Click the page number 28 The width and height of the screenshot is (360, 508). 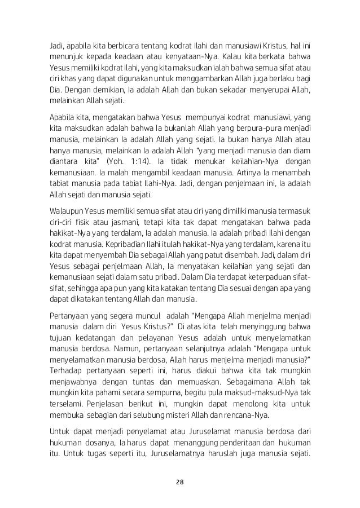point(179,483)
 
